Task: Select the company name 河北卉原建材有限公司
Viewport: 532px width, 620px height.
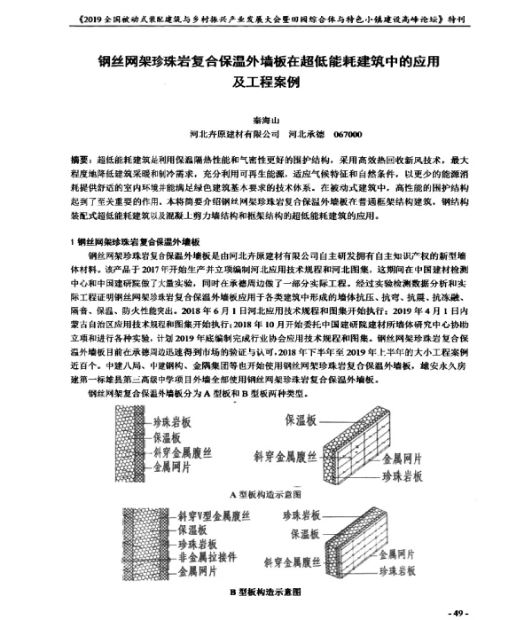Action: coord(229,134)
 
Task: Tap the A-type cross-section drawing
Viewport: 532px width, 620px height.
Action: coord(130,447)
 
